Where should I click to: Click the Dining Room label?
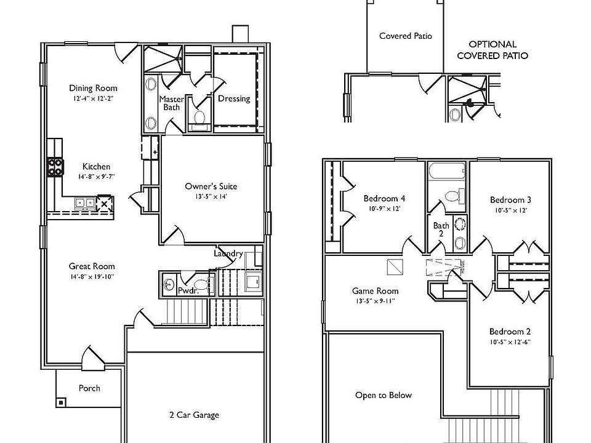pyautogui.click(x=93, y=88)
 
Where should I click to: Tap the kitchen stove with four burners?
pyautogui.click(x=55, y=166)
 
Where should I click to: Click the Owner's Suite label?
pyautogui.click(x=211, y=186)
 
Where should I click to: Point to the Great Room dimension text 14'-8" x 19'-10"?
pyautogui.click(x=92, y=277)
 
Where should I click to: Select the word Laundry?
pyautogui.click(x=228, y=253)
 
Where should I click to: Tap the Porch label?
pyautogui.click(x=89, y=388)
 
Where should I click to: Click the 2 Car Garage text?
pyautogui.click(x=194, y=415)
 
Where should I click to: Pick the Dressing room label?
pyautogui.click(x=234, y=98)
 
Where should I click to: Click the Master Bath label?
pyautogui.click(x=171, y=103)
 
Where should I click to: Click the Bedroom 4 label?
pyautogui.click(x=384, y=199)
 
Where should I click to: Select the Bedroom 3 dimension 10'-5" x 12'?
pyautogui.click(x=510, y=210)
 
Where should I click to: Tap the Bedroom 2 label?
pyautogui.click(x=510, y=331)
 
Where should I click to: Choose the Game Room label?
pyautogui.click(x=375, y=291)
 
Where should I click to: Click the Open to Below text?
pyautogui.click(x=383, y=395)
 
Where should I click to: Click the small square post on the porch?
pyautogui.click(x=62, y=402)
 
